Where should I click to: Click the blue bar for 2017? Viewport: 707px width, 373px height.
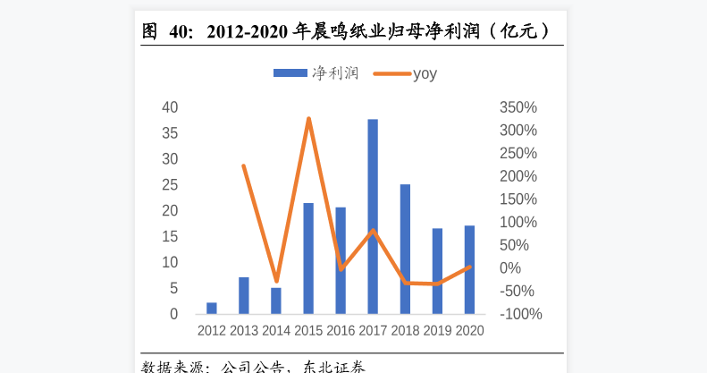point(373,216)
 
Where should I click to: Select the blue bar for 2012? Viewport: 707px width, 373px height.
point(212,309)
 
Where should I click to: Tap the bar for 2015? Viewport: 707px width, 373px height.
point(308,259)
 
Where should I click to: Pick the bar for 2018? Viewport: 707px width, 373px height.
point(405,249)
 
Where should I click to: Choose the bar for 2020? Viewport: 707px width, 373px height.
point(469,269)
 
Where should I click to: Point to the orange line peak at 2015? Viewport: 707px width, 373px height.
point(308,118)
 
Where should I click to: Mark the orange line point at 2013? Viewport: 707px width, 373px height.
point(244,165)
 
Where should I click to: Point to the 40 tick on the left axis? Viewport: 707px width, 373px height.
point(170,107)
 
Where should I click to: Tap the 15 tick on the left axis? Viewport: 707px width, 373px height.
point(170,237)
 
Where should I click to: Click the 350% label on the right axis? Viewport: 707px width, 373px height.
point(518,107)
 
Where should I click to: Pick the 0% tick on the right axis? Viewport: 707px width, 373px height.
point(510,268)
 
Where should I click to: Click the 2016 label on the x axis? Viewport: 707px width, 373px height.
point(341,330)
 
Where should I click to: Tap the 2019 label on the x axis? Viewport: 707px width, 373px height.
point(437,330)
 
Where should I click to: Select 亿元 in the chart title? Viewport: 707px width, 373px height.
point(518,31)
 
